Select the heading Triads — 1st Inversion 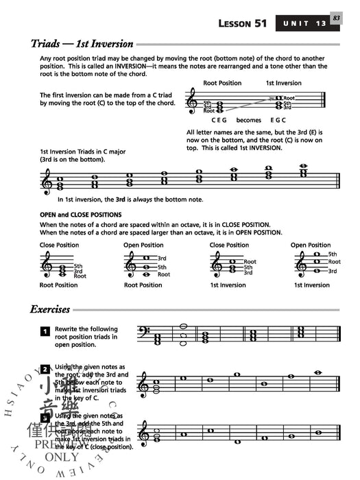click(82, 43)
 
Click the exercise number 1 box click(44, 332)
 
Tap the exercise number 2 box click(44, 370)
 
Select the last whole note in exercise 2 click(317, 372)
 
